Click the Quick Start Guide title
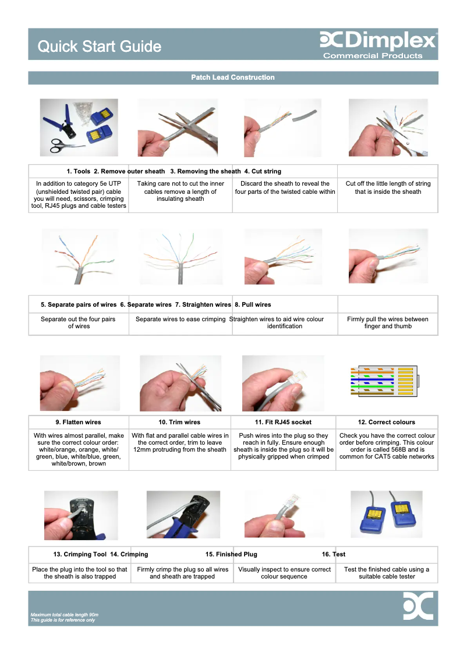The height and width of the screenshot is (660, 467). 99,47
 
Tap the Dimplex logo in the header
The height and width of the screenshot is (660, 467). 378,41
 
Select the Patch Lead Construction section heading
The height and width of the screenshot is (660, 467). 233,77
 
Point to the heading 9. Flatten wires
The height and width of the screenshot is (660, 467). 79,422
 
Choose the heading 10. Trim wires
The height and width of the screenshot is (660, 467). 179,422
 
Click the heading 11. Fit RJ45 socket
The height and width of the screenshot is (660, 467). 283,422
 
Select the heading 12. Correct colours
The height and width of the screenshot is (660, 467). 387,422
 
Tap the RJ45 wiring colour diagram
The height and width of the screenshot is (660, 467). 384,381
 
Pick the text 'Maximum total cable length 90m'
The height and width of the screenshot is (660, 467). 64,615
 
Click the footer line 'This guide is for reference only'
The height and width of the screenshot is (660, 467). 62,620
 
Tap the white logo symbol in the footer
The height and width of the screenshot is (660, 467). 419,606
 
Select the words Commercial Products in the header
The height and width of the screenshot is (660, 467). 373,56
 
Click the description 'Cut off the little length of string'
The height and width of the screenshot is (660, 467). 388,187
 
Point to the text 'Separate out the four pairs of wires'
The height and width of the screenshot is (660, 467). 79,322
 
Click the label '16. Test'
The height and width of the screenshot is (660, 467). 334,554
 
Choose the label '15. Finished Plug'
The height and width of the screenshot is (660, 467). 231,554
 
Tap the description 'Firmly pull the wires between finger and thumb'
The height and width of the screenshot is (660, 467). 388,322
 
